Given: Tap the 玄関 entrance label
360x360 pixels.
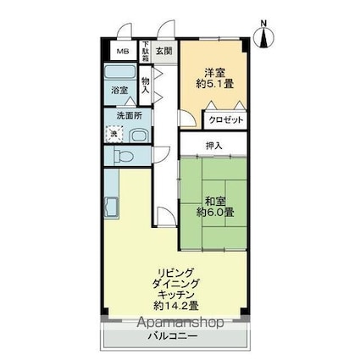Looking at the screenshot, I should tap(163, 49).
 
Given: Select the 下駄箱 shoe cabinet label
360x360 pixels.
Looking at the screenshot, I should tap(145, 51).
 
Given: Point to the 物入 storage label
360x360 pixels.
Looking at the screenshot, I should tap(145, 83).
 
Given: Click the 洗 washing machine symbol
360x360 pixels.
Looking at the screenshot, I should tap(113, 133).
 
